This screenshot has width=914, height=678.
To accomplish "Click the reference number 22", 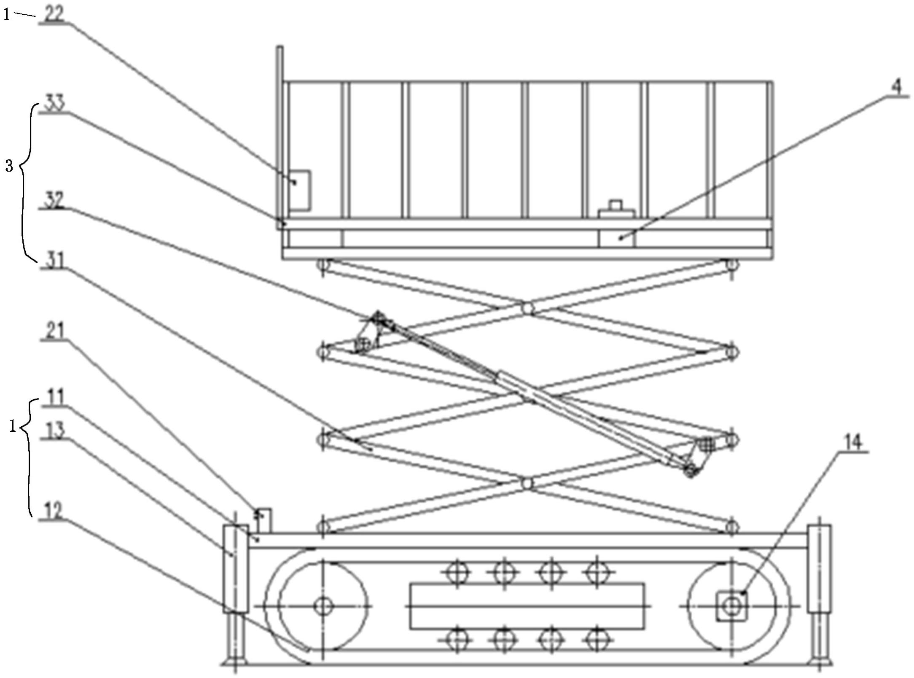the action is click(x=53, y=14).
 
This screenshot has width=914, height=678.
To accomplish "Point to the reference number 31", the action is click(x=54, y=260).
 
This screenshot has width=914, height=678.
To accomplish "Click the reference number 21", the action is click(x=54, y=330).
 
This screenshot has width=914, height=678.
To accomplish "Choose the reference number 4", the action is click(x=895, y=87).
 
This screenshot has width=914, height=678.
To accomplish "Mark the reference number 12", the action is click(x=53, y=511).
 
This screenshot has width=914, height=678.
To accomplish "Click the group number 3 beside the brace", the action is click(x=9, y=166).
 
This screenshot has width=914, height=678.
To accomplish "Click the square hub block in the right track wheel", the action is click(x=731, y=606).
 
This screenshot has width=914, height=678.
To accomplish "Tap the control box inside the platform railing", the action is click(x=300, y=191).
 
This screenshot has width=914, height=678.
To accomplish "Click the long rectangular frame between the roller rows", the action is click(x=527, y=606).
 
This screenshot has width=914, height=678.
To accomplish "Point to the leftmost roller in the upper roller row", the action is click(x=457, y=572).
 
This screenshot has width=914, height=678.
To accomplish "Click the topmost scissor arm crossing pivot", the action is click(x=527, y=309).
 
